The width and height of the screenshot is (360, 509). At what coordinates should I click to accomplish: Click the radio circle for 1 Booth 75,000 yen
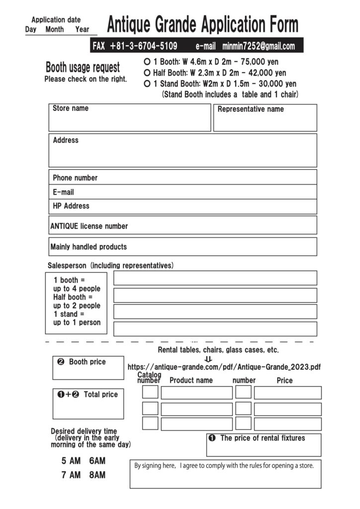click(x=147, y=62)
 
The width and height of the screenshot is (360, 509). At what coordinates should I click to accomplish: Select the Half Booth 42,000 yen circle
click(x=147, y=73)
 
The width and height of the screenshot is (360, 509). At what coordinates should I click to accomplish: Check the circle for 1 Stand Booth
click(x=147, y=84)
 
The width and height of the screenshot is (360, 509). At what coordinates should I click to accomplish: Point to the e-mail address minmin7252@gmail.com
click(x=259, y=46)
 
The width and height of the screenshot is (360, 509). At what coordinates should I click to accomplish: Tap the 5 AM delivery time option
click(x=71, y=461)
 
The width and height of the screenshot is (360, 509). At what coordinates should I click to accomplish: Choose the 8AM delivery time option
click(x=97, y=475)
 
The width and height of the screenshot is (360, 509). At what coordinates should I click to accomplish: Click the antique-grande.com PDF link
click(x=224, y=367)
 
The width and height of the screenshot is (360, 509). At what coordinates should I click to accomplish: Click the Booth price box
click(x=88, y=368)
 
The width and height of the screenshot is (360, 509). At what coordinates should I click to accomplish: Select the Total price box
click(x=88, y=404)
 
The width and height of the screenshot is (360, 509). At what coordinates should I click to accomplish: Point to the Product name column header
click(x=191, y=380)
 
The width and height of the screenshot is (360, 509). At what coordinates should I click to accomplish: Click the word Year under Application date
click(x=82, y=29)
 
